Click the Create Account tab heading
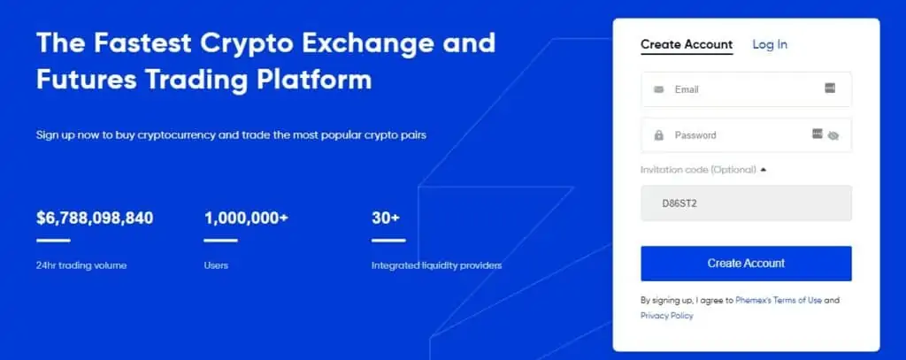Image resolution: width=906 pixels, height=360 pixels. coord(687,44)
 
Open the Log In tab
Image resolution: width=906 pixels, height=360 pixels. coord(770,44)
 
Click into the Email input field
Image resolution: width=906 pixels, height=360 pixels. coord(746,89)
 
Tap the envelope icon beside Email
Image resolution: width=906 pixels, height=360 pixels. coord(658,89)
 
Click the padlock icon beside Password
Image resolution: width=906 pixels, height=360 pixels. coord(658,135)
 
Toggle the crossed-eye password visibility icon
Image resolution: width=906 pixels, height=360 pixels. coord(833,136)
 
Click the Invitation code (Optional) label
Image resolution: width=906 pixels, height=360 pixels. coord(698,170)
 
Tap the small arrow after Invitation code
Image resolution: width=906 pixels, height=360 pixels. coord(764,170)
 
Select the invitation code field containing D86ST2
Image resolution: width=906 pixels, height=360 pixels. coord(746,203)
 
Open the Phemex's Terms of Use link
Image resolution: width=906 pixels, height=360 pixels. coord(779,301)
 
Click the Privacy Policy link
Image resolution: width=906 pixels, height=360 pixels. coord(667,316)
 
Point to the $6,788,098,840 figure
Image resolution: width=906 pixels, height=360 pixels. coord(95,218)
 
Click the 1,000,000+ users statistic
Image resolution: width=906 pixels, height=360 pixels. coord(246,218)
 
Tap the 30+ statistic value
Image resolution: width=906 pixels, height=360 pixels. coord(386,218)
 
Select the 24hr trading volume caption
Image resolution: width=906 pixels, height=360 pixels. coord(81,266)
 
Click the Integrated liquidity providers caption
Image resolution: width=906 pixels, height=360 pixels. coord(436,266)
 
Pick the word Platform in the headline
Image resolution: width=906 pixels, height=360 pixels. coord(314,80)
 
